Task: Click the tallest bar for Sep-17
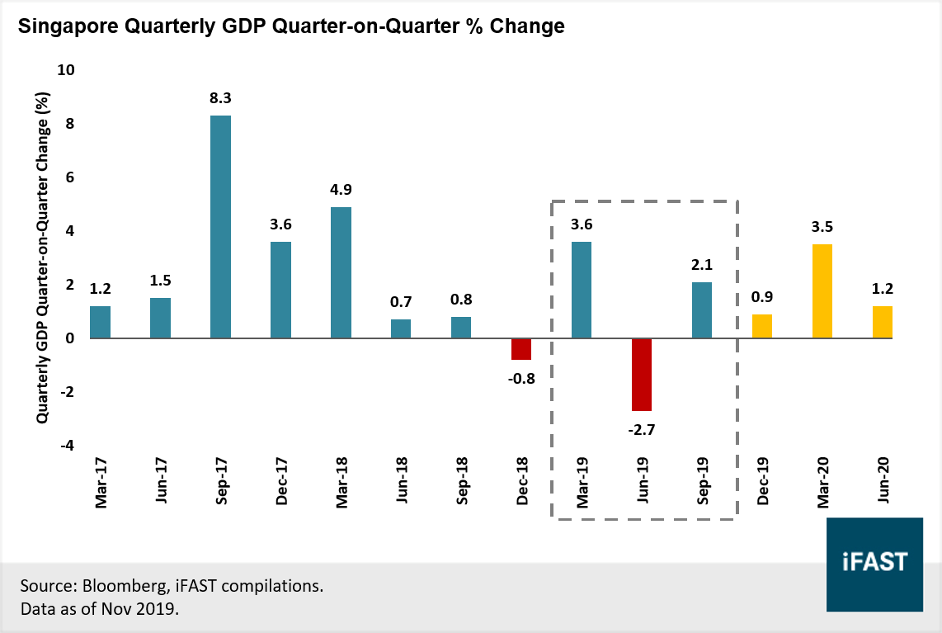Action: (220, 227)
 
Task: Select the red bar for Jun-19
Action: (642, 375)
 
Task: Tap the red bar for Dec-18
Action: (521, 349)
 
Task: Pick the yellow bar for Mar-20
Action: (822, 291)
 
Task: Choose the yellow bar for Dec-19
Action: (762, 326)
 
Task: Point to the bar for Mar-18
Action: (341, 272)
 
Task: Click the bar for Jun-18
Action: (401, 328)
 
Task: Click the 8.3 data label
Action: (220, 98)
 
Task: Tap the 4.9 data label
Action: (341, 190)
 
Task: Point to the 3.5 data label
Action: (822, 227)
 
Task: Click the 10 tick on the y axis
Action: (65, 71)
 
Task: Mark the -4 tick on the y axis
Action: (65, 446)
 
